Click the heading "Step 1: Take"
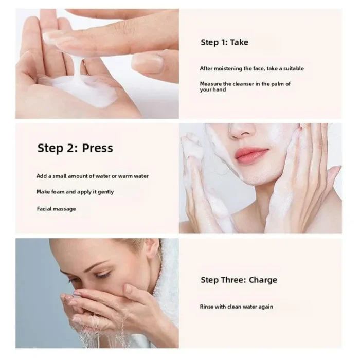[x=224, y=42]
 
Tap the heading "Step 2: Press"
[x=75, y=148]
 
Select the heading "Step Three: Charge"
[x=239, y=280]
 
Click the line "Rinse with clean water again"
[x=236, y=307]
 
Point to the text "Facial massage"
[x=56, y=209]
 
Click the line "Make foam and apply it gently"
[x=75, y=192]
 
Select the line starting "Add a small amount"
[x=93, y=176]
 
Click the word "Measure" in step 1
[x=211, y=83]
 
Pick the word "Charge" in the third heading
[x=263, y=280]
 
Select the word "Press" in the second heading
[x=98, y=148]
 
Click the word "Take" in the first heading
[x=239, y=42]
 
